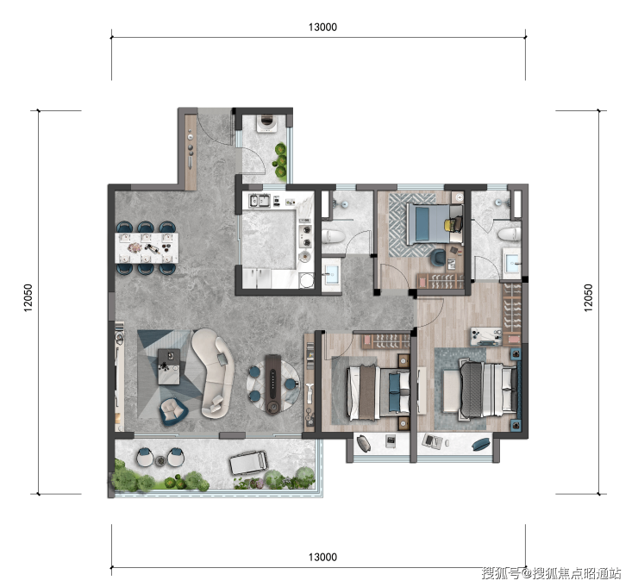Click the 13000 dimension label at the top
click(x=322, y=28)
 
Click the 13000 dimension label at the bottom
click(x=322, y=557)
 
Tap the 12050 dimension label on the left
click(x=28, y=298)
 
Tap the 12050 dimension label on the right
click(x=588, y=298)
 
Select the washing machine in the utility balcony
click(x=267, y=123)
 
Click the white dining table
click(x=147, y=247)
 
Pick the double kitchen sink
click(x=260, y=200)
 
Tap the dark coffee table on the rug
click(x=169, y=366)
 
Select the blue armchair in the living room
click(x=173, y=410)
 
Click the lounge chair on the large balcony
click(x=248, y=462)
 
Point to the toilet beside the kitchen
click(x=333, y=236)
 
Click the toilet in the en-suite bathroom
click(x=510, y=234)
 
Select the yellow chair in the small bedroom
click(x=453, y=225)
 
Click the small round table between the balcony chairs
click(x=160, y=460)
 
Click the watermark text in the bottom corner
click(x=551, y=573)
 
